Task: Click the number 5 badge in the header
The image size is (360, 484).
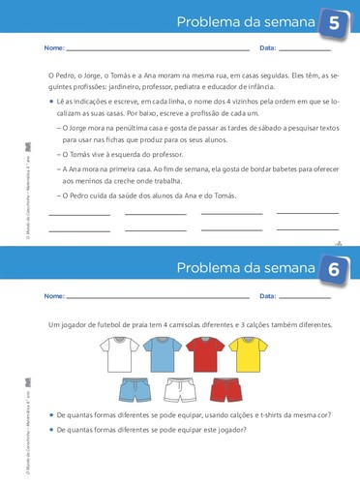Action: tap(334, 23)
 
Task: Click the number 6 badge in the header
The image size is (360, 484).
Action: tap(334, 270)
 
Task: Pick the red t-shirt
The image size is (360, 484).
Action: tap(202, 355)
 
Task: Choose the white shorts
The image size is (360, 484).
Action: tap(182, 392)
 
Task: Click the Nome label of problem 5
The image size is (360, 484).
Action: tap(55, 47)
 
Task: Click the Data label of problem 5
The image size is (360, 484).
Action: tap(268, 47)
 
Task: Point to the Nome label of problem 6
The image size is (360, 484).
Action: tap(55, 294)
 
